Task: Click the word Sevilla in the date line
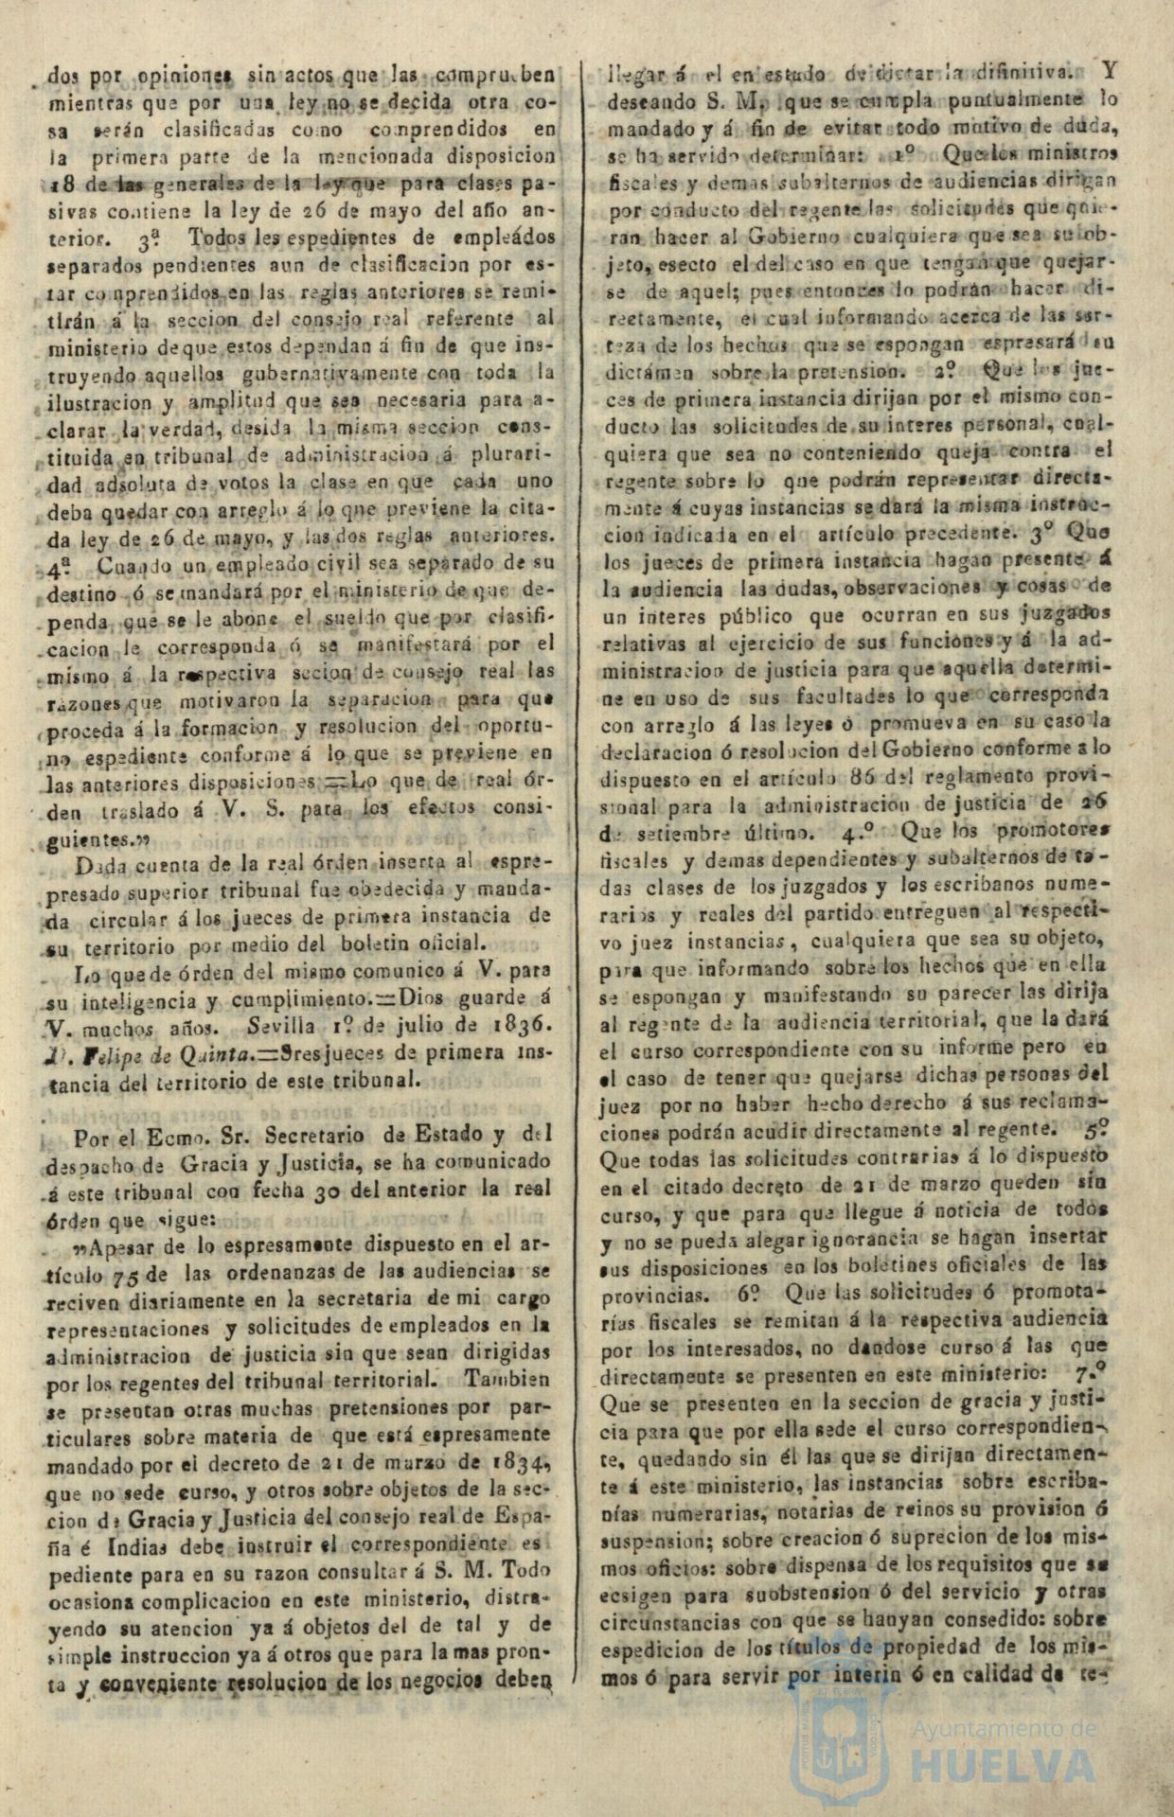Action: pyautogui.click(x=282, y=1026)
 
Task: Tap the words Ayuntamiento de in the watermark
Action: pyautogui.click(x=1004, y=1729)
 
